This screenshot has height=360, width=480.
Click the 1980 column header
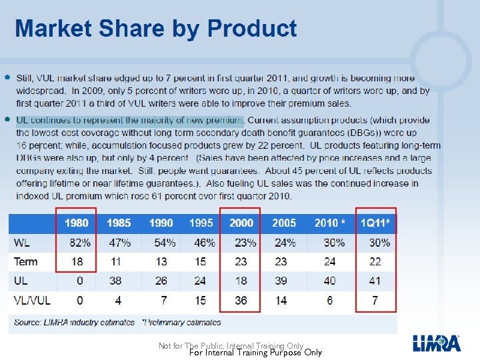pyautogui.click(x=77, y=223)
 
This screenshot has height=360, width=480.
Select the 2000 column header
pyautogui.click(x=241, y=223)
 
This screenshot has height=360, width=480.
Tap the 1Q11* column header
pyautogui.click(x=376, y=223)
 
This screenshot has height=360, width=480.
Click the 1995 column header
pyautogui.click(x=201, y=223)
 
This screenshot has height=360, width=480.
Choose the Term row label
pyautogui.click(x=26, y=262)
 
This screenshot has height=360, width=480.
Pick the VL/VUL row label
pyautogui.click(x=32, y=301)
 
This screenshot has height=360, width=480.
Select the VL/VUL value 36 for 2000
pyautogui.click(x=241, y=301)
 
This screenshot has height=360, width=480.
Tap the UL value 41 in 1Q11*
pyautogui.click(x=375, y=281)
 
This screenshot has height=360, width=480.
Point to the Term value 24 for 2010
pyautogui.click(x=329, y=262)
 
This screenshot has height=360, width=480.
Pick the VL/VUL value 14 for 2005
pyautogui.click(x=281, y=301)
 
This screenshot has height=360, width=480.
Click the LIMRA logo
pyautogui.click(x=436, y=343)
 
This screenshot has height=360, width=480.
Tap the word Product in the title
pyautogui.click(x=252, y=29)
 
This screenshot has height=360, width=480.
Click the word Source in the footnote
pyautogui.click(x=28, y=322)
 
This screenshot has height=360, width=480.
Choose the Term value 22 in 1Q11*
pyautogui.click(x=375, y=262)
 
